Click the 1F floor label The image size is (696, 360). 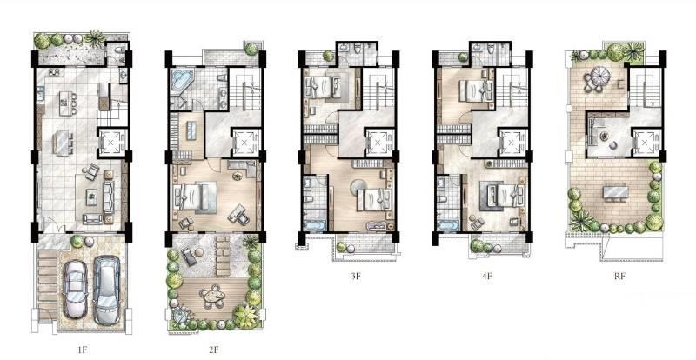pyautogui.click(x=83, y=350)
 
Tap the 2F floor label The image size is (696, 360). pyautogui.click(x=213, y=350)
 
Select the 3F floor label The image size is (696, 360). pyautogui.click(x=355, y=276)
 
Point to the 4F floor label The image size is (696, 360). pyautogui.click(x=487, y=276)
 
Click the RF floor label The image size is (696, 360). pyautogui.click(x=619, y=276)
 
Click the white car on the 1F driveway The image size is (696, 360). pyautogui.click(x=75, y=289)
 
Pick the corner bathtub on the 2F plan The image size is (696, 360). pyautogui.click(x=180, y=82)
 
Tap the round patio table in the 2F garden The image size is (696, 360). pyautogui.click(x=212, y=296)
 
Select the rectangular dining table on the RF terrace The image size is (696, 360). pyautogui.click(x=616, y=192)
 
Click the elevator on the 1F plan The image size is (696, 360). pyautogui.click(x=110, y=143)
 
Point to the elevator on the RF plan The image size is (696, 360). pyautogui.click(x=644, y=143)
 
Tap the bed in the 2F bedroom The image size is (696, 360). pyautogui.click(x=194, y=197)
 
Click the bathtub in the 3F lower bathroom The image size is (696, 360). pyautogui.click(x=314, y=225)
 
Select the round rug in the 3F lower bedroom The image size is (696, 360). pyautogui.click(x=358, y=187)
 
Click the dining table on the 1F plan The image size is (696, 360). pyautogui.click(x=63, y=143)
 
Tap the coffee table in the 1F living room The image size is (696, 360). pyautogui.click(x=91, y=197)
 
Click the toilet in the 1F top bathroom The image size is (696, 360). pyautogui.click(x=119, y=50)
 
